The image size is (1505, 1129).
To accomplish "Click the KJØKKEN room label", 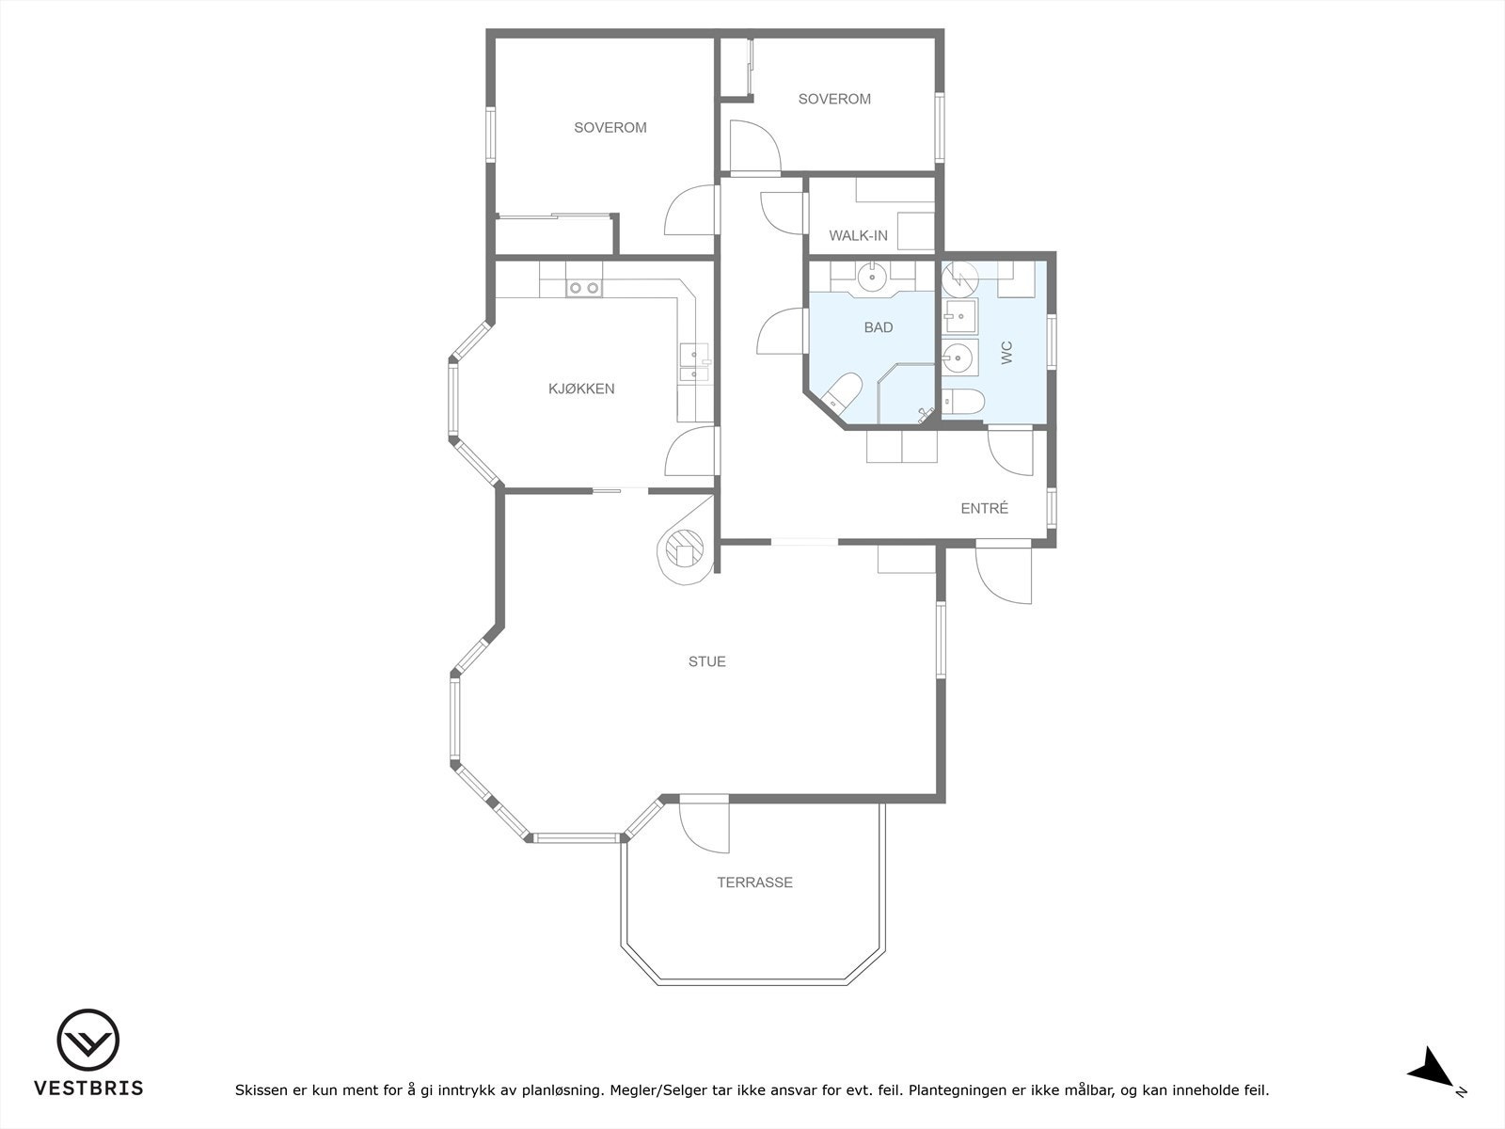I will (x=581, y=389).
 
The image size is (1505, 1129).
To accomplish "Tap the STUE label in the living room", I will (x=706, y=661).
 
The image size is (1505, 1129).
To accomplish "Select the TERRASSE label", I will (x=754, y=883).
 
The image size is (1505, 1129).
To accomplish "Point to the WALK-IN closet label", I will (x=858, y=235).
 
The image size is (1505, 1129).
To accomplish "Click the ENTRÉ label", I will (x=984, y=509).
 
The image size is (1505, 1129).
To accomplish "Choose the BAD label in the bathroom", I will (x=879, y=327).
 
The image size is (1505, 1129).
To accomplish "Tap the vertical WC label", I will (x=1006, y=353).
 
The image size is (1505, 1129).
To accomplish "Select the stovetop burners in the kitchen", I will (x=584, y=288).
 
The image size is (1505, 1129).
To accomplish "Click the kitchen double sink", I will (x=694, y=364).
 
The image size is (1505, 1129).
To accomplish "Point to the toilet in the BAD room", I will (x=842, y=393).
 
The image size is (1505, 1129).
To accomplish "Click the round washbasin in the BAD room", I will (x=872, y=276).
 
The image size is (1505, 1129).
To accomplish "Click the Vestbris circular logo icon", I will (x=88, y=1041).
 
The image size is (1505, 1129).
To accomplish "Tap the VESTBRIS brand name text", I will (x=88, y=1089).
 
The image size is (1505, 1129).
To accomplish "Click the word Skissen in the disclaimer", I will (x=261, y=1091).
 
